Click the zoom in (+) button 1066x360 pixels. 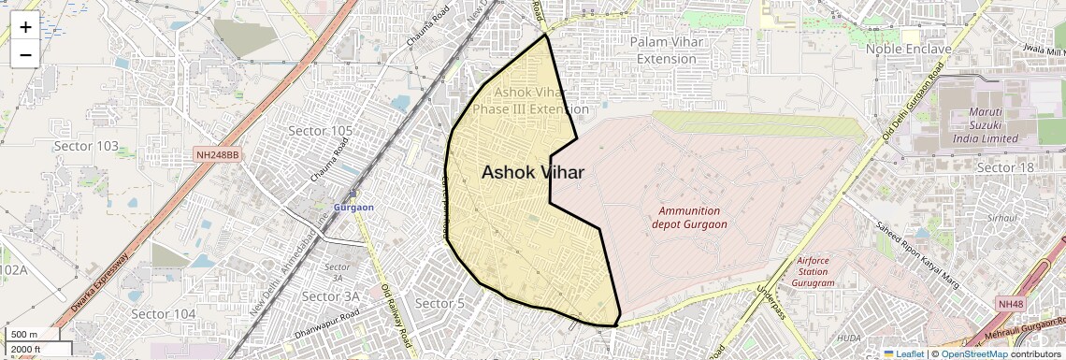(x=25, y=27)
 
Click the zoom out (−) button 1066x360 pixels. (x=25, y=54)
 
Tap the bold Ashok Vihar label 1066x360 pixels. (x=533, y=173)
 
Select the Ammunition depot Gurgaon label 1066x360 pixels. (x=689, y=218)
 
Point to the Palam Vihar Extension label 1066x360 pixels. (x=667, y=50)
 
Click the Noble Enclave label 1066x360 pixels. (x=908, y=49)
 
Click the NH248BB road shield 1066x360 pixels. (x=218, y=153)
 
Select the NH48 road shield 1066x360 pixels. (x=1010, y=304)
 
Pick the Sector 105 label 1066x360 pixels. (x=321, y=130)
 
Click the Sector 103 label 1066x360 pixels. (x=86, y=146)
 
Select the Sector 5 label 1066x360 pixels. (x=439, y=303)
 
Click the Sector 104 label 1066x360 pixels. (x=164, y=314)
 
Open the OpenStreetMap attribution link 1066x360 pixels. (x=972, y=353)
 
